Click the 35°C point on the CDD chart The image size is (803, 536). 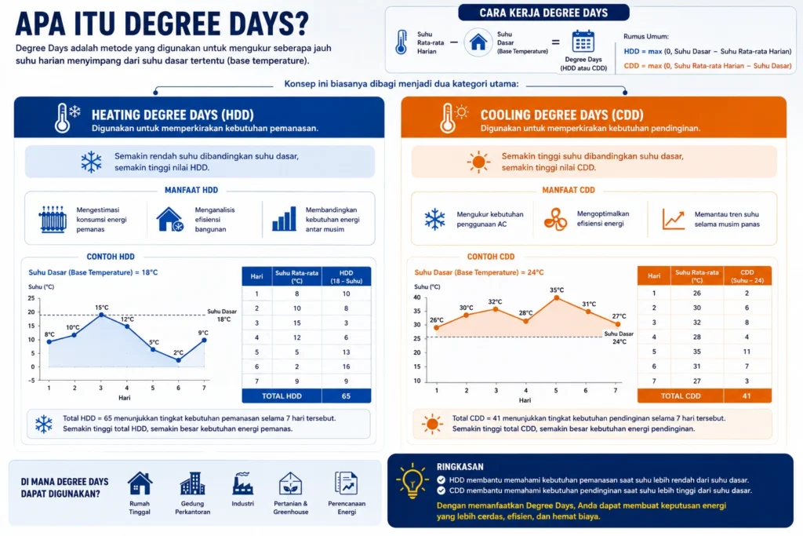[x=557, y=297]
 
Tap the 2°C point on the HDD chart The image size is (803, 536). [x=178, y=360]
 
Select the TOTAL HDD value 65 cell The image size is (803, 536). [x=346, y=396]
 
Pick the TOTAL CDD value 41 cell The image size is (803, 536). [x=747, y=396]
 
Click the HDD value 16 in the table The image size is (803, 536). [x=346, y=367]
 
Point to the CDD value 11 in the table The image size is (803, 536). [x=747, y=352]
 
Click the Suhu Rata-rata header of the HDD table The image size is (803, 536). [x=297, y=277]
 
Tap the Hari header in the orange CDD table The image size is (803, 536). [x=654, y=275]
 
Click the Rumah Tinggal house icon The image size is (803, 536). [x=140, y=483]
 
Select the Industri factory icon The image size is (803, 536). [x=243, y=483]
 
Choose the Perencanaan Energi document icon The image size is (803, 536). [x=346, y=483]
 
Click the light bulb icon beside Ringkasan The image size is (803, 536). [x=412, y=480]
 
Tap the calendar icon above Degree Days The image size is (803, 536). [x=583, y=42]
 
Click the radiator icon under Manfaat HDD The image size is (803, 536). [x=53, y=220]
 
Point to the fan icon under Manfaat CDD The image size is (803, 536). [x=555, y=219]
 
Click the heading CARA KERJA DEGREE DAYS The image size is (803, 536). [x=544, y=13]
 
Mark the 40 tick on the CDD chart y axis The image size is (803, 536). [x=417, y=297]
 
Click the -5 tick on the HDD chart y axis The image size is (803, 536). [x=31, y=381]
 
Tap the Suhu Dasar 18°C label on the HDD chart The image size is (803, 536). [x=222, y=315]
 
